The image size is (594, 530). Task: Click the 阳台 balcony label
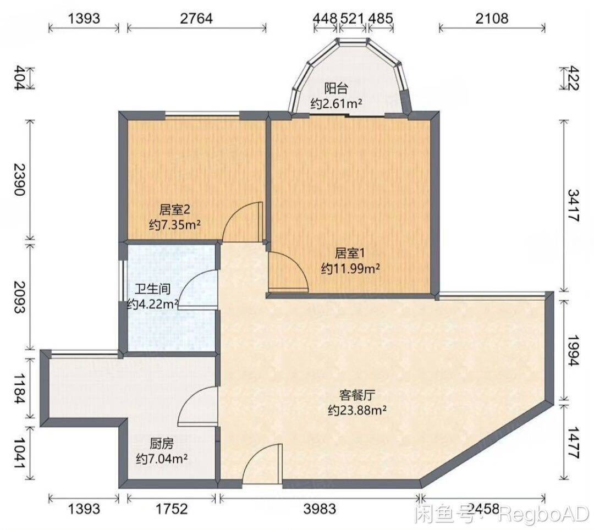[336, 89]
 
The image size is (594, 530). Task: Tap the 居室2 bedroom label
[174, 209]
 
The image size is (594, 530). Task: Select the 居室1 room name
[350, 253]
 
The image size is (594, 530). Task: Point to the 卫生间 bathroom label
[153, 289]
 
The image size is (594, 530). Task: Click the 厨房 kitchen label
[162, 443]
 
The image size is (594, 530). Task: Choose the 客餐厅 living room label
[357, 395]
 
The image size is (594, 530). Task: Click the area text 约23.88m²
[358, 410]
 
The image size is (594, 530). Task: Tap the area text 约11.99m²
[350, 269]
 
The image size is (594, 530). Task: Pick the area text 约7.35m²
[175, 225]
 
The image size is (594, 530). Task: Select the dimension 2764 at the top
[196, 18]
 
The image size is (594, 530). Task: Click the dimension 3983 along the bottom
[320, 509]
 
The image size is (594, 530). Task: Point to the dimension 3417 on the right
[574, 206]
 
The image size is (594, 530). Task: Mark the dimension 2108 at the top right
[492, 18]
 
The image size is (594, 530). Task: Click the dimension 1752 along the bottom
[171, 509]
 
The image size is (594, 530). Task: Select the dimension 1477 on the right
[574, 443]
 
